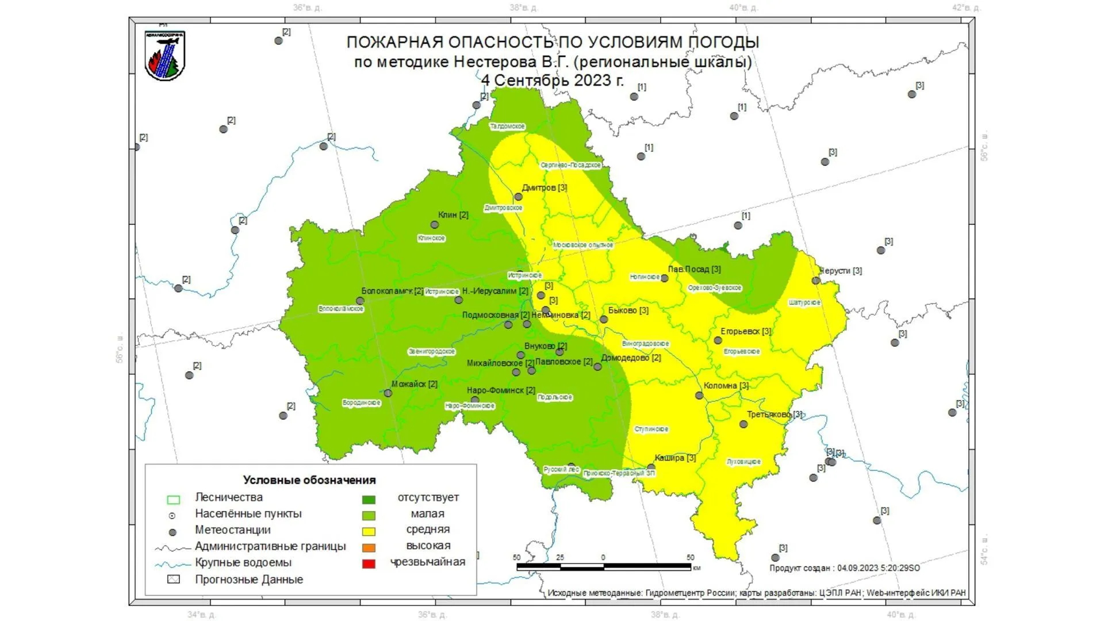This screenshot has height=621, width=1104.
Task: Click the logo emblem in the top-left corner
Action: (164, 56)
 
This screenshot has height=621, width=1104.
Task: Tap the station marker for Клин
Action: (435, 225)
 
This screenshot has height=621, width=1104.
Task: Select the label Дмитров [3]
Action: (544, 187)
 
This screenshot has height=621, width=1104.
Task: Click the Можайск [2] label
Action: (414, 384)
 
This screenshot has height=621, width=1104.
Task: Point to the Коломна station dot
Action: (699, 396)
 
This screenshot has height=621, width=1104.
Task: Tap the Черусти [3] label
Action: (841, 270)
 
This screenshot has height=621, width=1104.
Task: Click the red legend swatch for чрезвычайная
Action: (369, 563)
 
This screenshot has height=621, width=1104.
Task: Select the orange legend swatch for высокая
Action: (369, 547)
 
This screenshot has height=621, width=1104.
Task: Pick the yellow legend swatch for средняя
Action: (369, 531)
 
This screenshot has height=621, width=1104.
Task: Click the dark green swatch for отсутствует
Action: (369, 499)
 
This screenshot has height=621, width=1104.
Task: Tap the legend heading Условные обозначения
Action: (309, 480)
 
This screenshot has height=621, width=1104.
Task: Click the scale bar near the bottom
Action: (603, 567)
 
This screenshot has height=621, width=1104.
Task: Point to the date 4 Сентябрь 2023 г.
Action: (552, 80)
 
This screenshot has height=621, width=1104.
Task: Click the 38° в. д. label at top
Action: (523, 7)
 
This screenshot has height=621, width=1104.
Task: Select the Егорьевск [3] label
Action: (746, 331)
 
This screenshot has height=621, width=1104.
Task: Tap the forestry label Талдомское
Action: (507, 126)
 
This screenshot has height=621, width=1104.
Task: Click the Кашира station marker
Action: (651, 467)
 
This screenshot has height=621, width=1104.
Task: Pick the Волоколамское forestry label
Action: (341, 309)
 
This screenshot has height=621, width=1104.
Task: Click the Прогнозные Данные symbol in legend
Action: (173, 579)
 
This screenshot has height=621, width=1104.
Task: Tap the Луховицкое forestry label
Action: (743, 461)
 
